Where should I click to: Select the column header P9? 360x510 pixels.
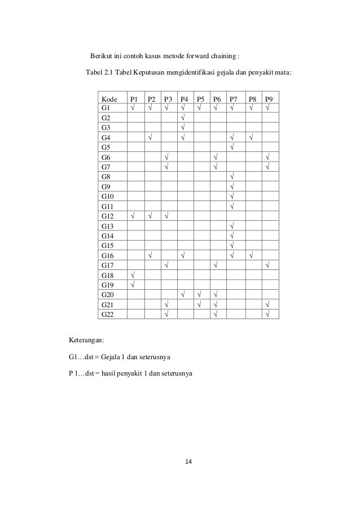(270, 98)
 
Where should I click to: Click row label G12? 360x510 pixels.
(107, 215)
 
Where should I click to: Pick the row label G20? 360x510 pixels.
(107, 294)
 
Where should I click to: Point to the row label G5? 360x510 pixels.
(106, 147)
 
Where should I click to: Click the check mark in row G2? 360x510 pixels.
(183, 117)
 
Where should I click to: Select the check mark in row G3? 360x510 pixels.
(183, 128)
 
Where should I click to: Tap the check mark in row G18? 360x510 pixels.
(133, 274)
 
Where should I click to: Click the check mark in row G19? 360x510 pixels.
(133, 284)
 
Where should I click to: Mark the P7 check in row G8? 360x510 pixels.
(232, 176)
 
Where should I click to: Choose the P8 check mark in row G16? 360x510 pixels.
(251, 255)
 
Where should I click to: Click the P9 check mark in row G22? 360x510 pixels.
(267, 313)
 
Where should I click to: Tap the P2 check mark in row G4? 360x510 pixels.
(150, 137)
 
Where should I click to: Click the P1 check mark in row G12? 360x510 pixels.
(133, 215)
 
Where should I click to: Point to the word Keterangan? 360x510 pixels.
(87, 341)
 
